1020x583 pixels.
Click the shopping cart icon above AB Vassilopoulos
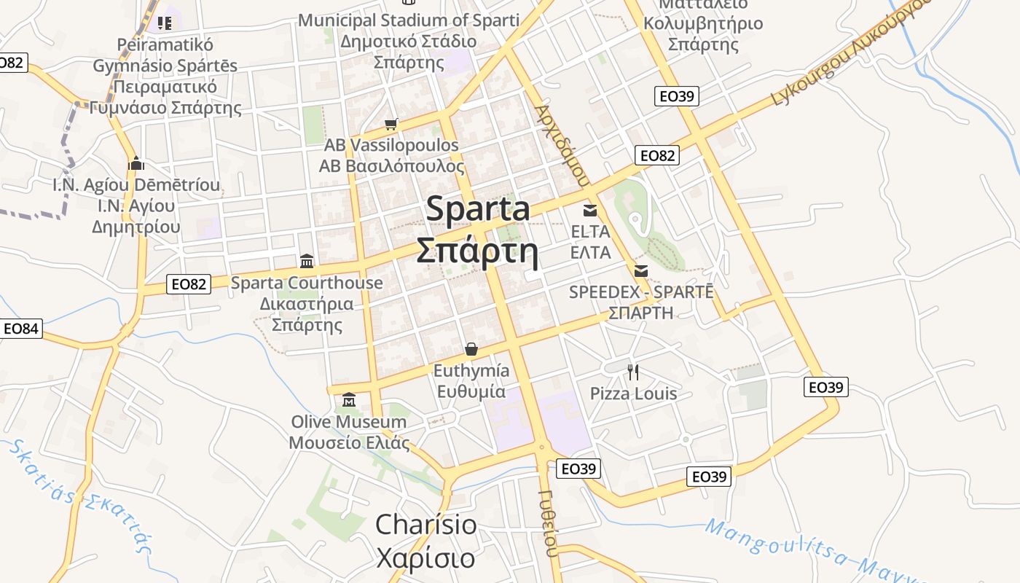tap(391, 124)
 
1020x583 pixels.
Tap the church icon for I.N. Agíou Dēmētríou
tap(136, 163)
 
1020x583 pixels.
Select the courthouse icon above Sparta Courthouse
tap(307, 261)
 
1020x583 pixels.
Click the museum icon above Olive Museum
tap(349, 400)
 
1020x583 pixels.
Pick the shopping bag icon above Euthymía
tap(471, 349)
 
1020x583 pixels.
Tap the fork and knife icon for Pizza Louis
tap(633, 372)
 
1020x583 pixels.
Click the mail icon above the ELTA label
tap(590, 211)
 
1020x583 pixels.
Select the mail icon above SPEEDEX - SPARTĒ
tap(641, 271)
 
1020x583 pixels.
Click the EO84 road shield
tap(20, 329)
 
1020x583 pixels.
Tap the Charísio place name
tap(426, 525)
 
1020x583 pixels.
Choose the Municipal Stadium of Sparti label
tap(409, 20)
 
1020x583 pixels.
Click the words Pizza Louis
tap(633, 394)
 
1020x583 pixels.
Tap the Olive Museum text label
tap(349, 422)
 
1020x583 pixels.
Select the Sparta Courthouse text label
tap(307, 283)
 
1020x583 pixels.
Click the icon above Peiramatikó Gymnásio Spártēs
tap(165, 23)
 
